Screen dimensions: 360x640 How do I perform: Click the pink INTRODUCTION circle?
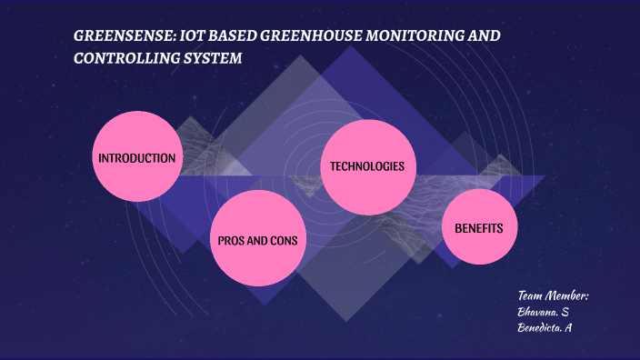[136, 158]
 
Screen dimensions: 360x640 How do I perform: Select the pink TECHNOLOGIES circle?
[366, 167]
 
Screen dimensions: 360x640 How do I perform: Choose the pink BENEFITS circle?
[478, 227]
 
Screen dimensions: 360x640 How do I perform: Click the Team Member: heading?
[554, 295]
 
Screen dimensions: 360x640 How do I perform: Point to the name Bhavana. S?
[543, 312]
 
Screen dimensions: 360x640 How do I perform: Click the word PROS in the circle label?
[231, 241]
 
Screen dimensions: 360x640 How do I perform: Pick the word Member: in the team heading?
[569, 295]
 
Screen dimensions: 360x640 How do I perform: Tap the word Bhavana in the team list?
[536, 312]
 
